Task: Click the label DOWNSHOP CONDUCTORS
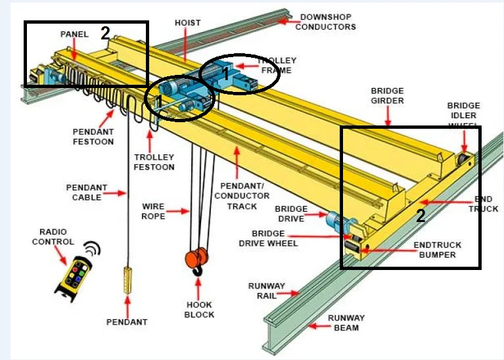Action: pyautogui.click(x=325, y=22)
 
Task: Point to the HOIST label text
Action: pyautogui.click(x=187, y=22)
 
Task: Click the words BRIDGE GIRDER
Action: pyautogui.click(x=387, y=96)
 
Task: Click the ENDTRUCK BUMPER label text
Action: pyautogui.click(x=437, y=250)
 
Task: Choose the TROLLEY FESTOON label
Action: pyautogui.click(x=154, y=162)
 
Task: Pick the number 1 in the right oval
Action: pyautogui.click(x=225, y=74)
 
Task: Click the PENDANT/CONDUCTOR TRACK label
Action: pyautogui.click(x=241, y=195)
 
